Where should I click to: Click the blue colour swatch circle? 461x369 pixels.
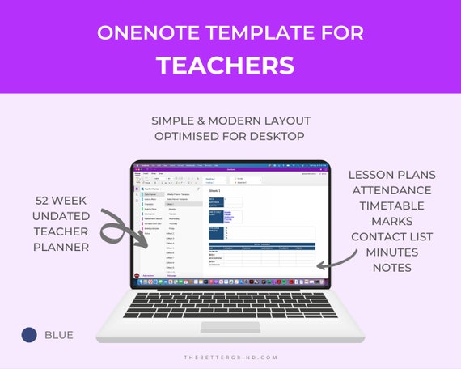point(30,334)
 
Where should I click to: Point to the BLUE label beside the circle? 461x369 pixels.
point(59,334)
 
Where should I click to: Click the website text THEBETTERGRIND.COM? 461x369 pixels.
point(230,357)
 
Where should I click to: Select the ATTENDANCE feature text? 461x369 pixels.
point(392,190)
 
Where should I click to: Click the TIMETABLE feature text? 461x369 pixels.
point(392,206)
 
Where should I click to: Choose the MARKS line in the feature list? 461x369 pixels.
point(392,221)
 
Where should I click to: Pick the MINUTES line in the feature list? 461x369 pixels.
point(392,252)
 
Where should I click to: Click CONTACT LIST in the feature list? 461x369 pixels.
point(392,236)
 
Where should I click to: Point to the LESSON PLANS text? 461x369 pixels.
point(392,175)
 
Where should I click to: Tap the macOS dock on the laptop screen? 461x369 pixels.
point(230,282)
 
